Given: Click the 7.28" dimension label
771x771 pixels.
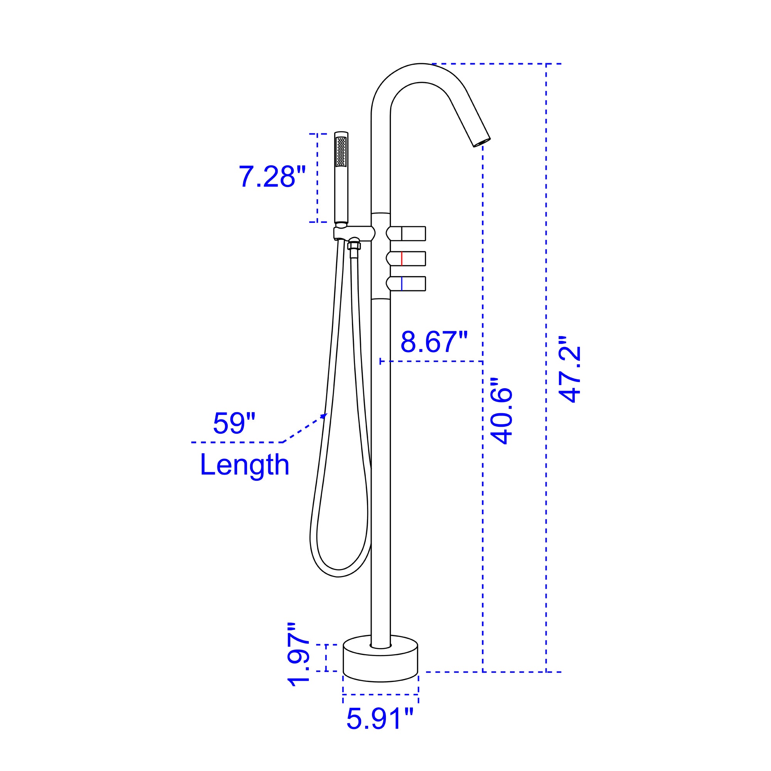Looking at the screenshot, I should point(272,176).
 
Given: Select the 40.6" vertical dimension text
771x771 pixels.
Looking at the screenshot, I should point(501,411).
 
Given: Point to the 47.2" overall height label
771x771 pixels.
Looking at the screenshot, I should point(569,369).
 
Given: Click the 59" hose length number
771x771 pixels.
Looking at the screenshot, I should point(234,423).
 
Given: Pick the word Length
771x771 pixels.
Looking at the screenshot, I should point(244,465).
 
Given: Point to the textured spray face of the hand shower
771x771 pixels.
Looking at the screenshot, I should point(341,152).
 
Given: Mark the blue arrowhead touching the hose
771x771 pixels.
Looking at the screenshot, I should point(324,416).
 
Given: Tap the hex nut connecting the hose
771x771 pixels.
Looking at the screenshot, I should point(354,246).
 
